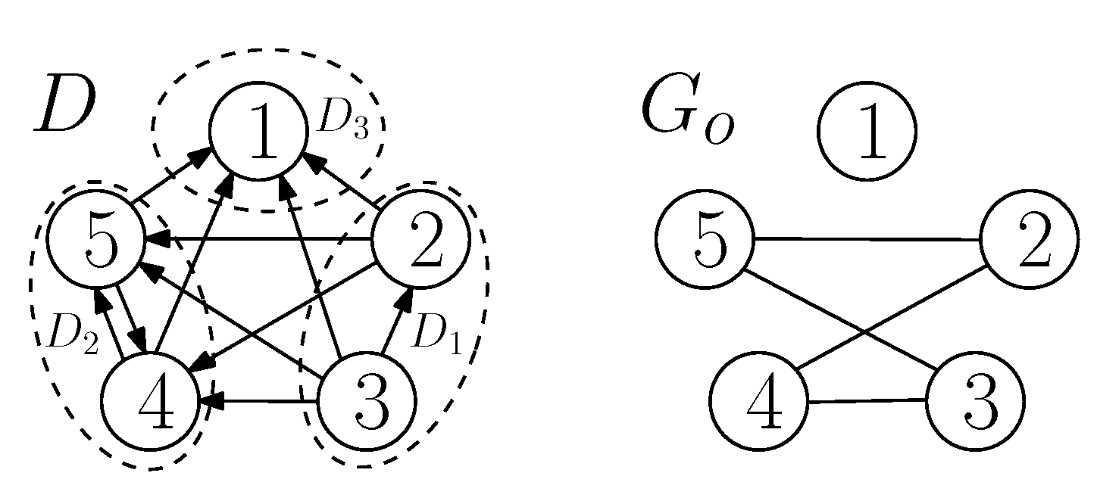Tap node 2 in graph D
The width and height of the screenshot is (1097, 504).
pyautogui.click(x=419, y=239)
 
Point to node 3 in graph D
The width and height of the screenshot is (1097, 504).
pyautogui.click(x=366, y=401)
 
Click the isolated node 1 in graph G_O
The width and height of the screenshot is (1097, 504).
pyautogui.click(x=867, y=130)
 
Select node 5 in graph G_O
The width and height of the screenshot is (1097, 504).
pyautogui.click(x=705, y=240)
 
